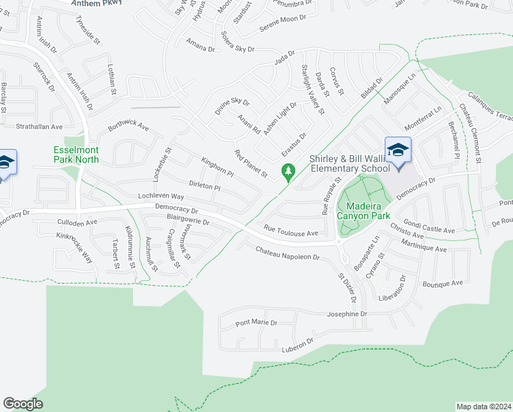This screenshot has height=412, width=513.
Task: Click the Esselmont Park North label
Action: tap(76, 154)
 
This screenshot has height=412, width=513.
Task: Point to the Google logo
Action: tap(23, 404)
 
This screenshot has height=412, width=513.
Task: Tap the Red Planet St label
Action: tap(250, 163)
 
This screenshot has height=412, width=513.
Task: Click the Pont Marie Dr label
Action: tap(256, 322)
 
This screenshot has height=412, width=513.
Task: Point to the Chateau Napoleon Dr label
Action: tap(288, 254)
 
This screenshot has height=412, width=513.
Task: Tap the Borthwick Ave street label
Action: tap(128, 126)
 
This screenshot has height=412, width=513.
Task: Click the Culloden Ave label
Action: tap(78, 223)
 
